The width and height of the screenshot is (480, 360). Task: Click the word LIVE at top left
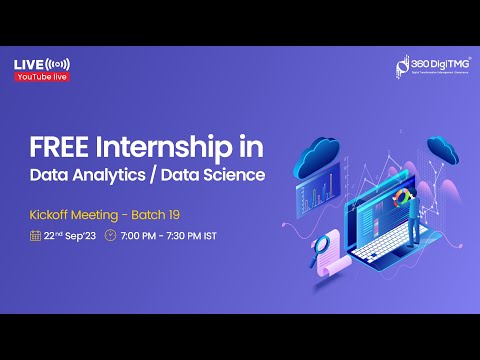click(27, 65)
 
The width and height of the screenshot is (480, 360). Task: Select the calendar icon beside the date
click(35, 237)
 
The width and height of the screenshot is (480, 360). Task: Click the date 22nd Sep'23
click(69, 237)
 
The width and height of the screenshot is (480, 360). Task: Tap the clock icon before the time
click(110, 237)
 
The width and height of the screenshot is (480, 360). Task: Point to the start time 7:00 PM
click(141, 237)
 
